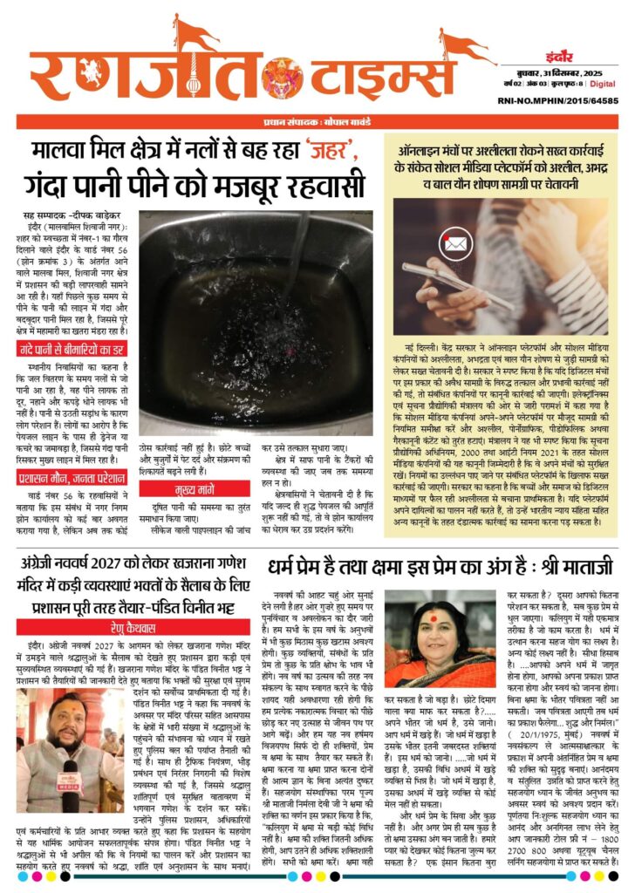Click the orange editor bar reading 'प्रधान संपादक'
[317, 121]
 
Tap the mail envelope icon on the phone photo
[455, 243]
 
